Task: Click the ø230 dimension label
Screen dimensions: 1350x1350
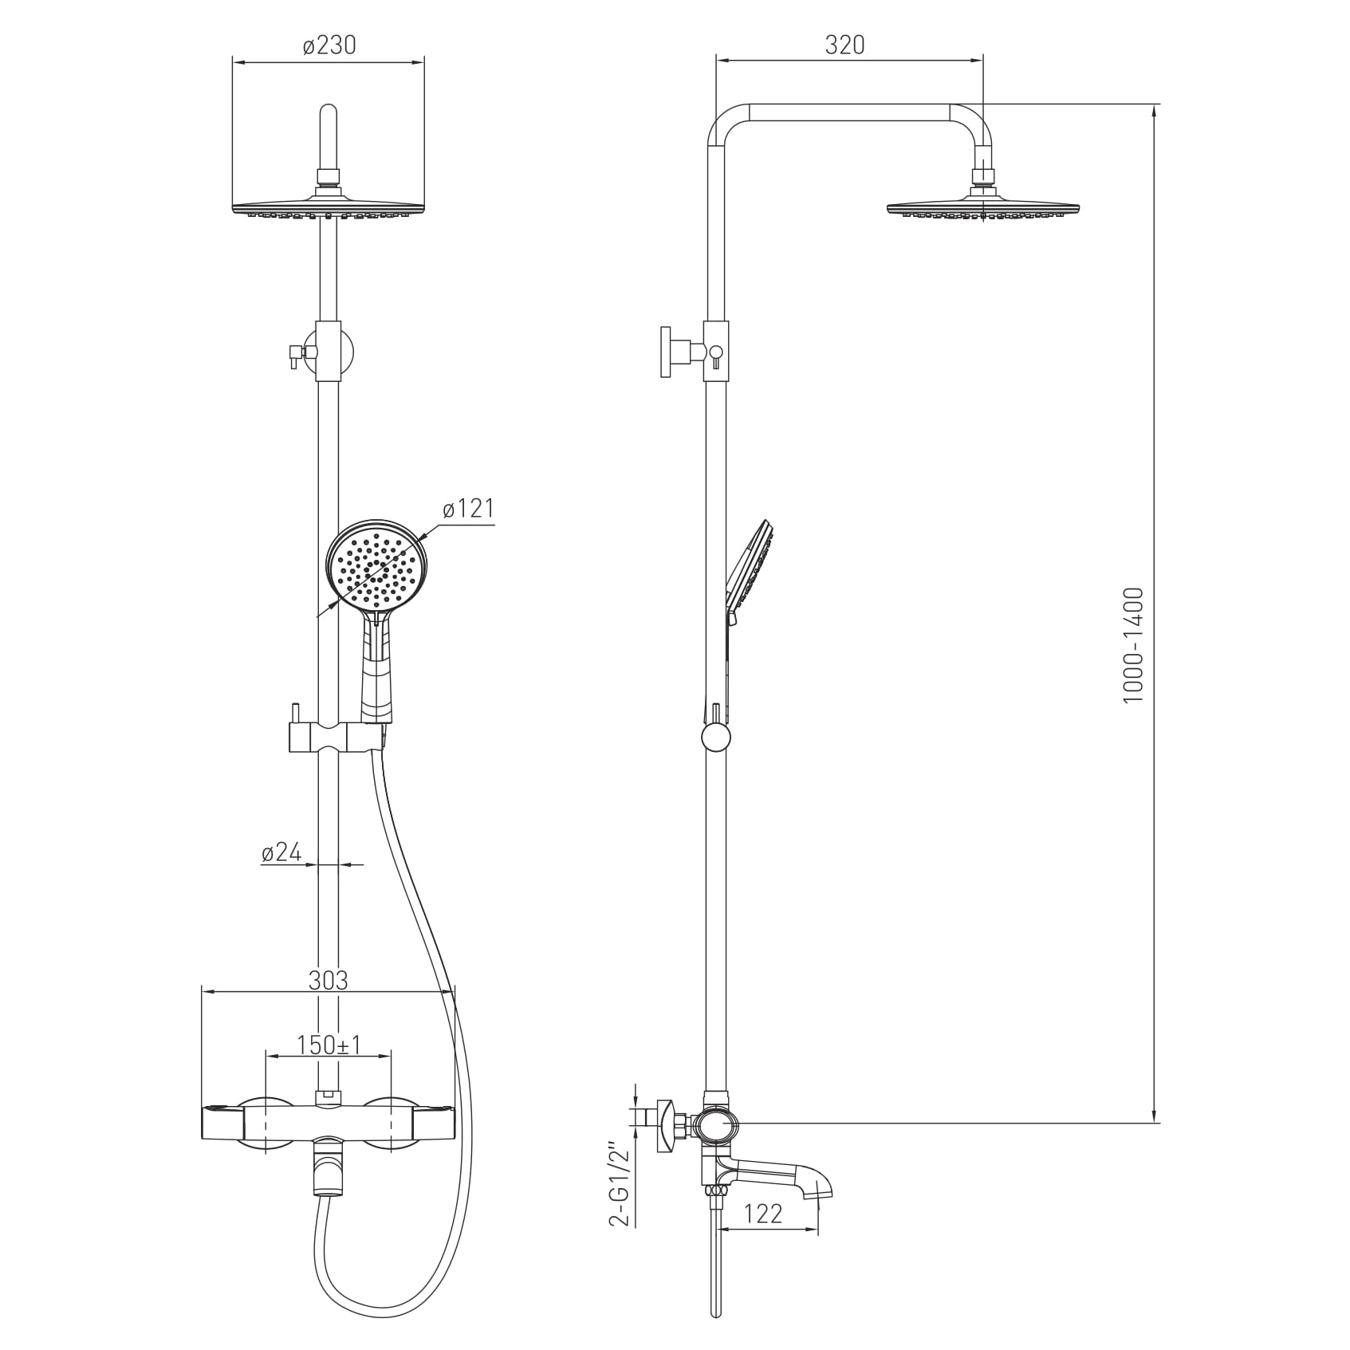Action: [329, 45]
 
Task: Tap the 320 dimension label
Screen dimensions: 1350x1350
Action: [844, 45]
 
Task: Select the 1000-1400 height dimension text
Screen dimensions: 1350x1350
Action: [1133, 645]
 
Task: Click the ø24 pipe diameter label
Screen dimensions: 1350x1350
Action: [281, 852]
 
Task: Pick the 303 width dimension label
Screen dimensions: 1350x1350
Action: [329, 980]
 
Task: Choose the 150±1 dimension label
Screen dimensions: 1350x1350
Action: [329, 1045]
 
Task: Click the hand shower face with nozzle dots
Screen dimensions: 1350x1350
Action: [376, 565]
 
